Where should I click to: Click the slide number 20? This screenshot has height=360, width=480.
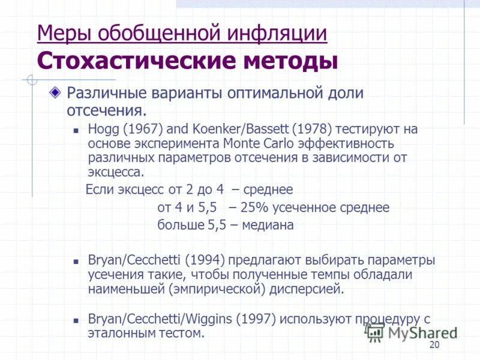click(x=435, y=344)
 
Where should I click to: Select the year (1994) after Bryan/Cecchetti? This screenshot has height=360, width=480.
click(x=205, y=260)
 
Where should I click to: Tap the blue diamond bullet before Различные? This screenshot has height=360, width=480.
click(x=55, y=93)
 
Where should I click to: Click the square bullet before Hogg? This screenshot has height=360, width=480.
click(x=76, y=130)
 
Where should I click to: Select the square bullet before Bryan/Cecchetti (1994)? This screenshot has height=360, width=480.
click(x=76, y=261)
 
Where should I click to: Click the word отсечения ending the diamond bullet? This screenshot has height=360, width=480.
click(x=105, y=110)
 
